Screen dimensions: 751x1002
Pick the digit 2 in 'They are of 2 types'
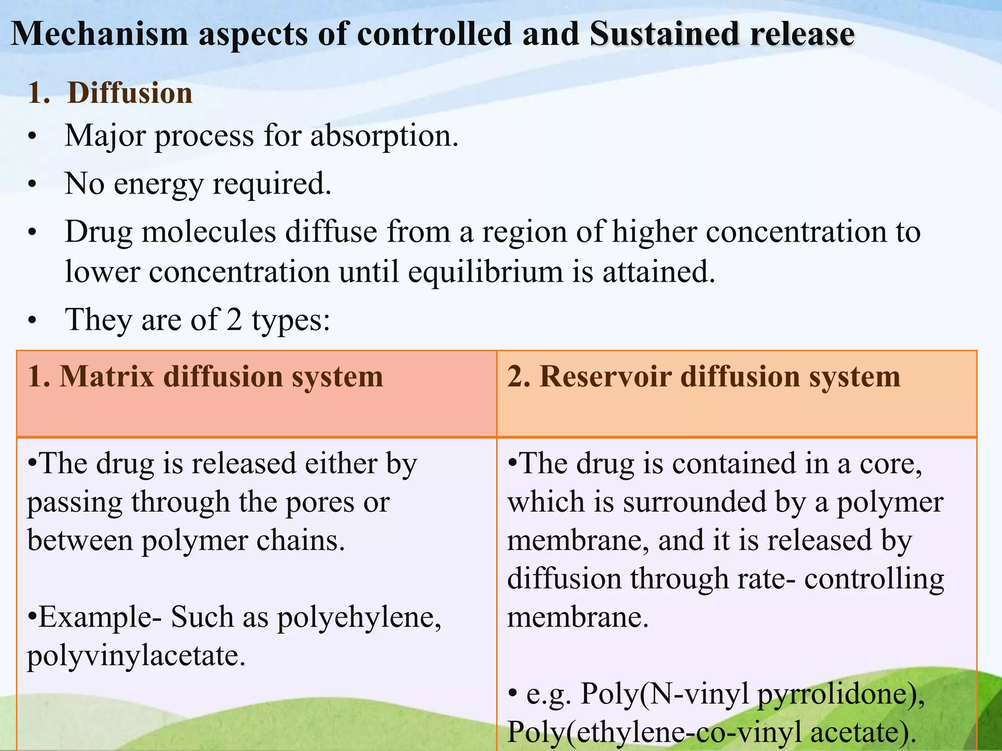[234, 320]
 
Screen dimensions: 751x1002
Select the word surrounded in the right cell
[685, 503]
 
